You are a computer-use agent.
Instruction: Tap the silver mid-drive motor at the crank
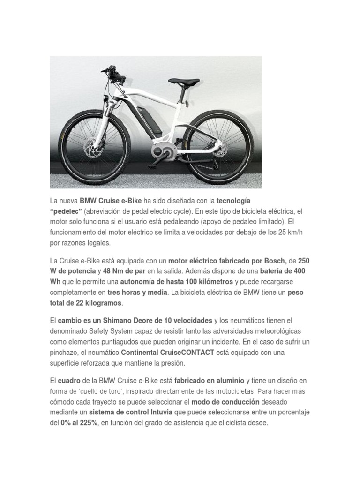[159, 152]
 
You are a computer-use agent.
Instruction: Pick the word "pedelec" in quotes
[66, 211]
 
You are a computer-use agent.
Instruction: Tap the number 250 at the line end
[304, 260]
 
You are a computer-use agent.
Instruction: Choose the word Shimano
[112, 320]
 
